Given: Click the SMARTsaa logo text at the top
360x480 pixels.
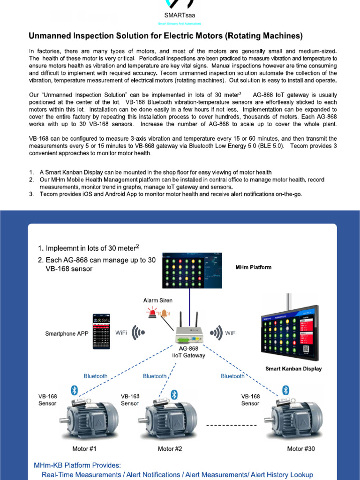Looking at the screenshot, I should (x=180, y=15).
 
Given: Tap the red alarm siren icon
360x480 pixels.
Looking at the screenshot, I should (x=152, y=313).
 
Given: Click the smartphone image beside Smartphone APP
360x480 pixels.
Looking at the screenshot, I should (x=103, y=331).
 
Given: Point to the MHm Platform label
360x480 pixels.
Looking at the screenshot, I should (x=253, y=267).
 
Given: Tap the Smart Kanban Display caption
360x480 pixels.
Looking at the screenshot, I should (x=293, y=368).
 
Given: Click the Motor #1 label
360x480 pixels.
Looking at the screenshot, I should (x=84, y=449).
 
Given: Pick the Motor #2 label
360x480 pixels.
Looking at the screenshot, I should (x=170, y=449).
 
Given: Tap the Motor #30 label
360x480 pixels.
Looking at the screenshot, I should (x=301, y=449).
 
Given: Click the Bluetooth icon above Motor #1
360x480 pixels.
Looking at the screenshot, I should (x=74, y=390).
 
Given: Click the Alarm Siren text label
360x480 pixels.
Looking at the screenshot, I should (x=157, y=300).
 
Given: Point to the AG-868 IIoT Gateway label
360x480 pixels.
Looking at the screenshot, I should (x=188, y=352).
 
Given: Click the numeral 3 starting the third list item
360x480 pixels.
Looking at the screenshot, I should (x=30, y=194).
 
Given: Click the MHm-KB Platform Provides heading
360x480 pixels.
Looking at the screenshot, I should (x=77, y=465).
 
